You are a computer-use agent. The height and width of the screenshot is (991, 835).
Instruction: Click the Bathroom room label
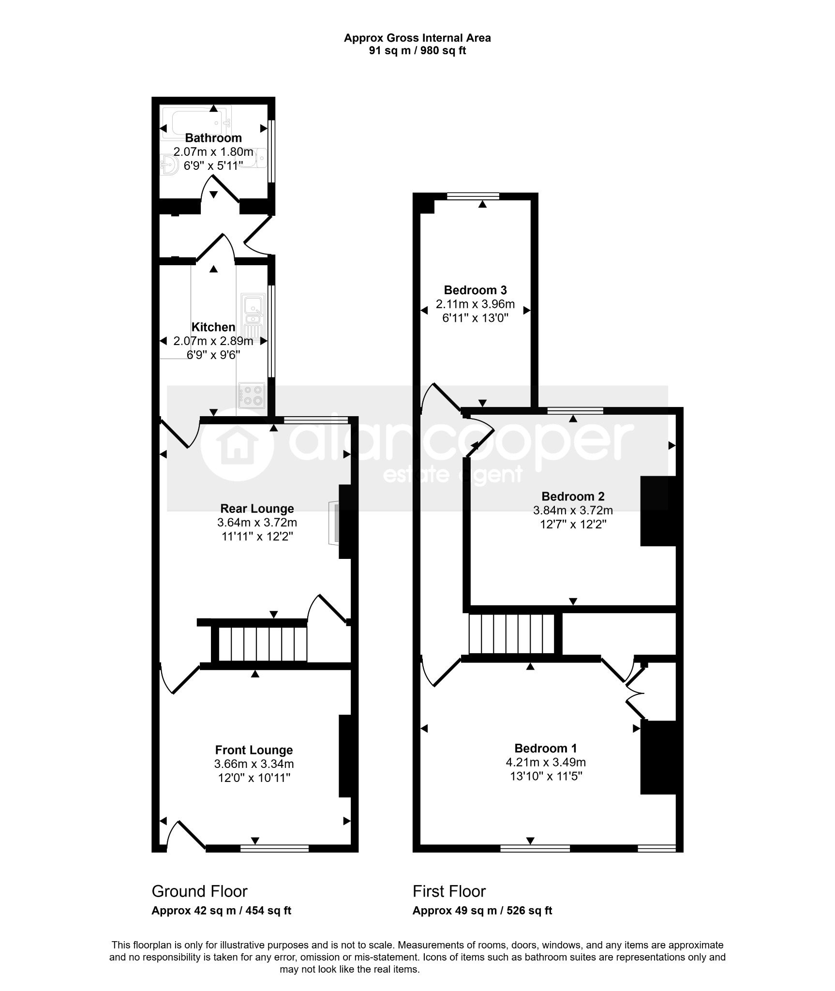click(213, 138)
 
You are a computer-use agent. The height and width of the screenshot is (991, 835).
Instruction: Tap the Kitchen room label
click(213, 327)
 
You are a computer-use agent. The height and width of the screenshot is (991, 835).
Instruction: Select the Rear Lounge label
click(257, 509)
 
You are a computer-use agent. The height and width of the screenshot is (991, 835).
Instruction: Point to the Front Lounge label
click(254, 750)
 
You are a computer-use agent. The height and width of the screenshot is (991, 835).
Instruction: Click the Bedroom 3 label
click(475, 290)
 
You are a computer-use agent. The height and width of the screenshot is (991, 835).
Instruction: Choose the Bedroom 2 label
click(573, 496)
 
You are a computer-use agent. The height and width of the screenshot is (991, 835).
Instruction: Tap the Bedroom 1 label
click(546, 749)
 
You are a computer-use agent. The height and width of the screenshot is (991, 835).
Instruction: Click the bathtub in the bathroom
click(196, 123)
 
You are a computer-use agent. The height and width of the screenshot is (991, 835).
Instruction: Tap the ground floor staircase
click(263, 644)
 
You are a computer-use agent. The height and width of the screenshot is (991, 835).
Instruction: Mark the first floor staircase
click(512, 634)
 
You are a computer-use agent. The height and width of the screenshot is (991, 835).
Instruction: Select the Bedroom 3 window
click(473, 196)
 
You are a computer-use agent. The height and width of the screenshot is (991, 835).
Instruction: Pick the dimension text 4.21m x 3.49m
click(546, 763)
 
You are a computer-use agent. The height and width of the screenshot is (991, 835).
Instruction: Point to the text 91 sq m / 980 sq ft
click(417, 50)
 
